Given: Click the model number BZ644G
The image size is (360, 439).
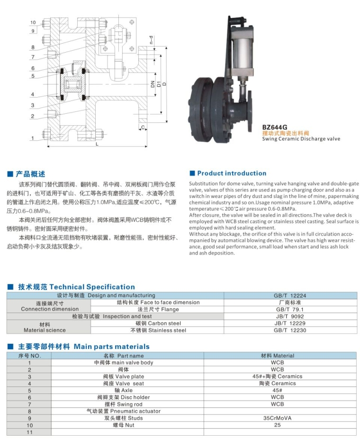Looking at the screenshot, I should click(275, 127).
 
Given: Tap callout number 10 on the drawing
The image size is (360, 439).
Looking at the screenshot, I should click(33, 22).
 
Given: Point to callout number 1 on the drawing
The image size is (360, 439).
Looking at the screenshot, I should click(33, 138).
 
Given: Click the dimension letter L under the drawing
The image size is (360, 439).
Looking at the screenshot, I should click(97, 144).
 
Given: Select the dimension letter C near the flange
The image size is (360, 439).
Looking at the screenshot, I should click(142, 128).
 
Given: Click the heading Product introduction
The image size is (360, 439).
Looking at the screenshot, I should click(232, 174).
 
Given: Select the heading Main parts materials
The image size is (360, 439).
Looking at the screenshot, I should click(111, 347).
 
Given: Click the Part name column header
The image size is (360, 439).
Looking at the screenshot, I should click(123, 356).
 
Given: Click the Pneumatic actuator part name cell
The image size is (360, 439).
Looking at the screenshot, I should click(123, 411).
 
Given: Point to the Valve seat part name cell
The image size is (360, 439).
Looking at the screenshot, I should click(123, 384).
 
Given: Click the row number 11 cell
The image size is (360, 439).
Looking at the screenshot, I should click(29, 432).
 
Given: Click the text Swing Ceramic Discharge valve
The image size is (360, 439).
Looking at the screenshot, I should click(301, 139).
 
